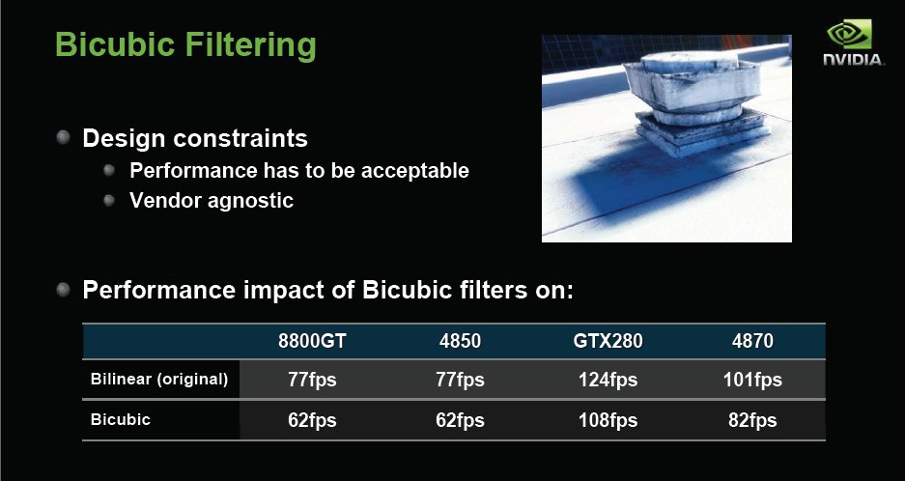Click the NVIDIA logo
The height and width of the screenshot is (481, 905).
[853, 42]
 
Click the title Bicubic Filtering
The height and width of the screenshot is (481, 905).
[185, 44]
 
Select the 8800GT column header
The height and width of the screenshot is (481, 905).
[312, 341]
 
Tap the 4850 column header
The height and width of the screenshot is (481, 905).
[460, 341]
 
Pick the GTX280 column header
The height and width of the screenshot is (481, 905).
[608, 341]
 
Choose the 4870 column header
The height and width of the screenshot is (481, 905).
[752, 341]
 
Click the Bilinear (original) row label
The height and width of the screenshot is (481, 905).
[159, 380]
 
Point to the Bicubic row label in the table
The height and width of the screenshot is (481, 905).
[121, 419]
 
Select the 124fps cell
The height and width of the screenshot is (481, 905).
[608, 380]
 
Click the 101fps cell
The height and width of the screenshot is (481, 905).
[752, 380]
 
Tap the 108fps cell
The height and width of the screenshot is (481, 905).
[608, 420]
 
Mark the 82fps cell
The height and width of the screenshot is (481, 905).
[752, 420]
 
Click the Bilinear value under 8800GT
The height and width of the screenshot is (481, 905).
[312, 380]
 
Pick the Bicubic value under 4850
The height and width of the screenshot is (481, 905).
[460, 420]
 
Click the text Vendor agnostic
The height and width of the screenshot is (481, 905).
[212, 200]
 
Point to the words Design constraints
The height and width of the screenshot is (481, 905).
[195, 138]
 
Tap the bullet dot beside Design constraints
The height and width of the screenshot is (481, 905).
[63, 137]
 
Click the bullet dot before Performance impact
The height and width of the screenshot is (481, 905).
[63, 290]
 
